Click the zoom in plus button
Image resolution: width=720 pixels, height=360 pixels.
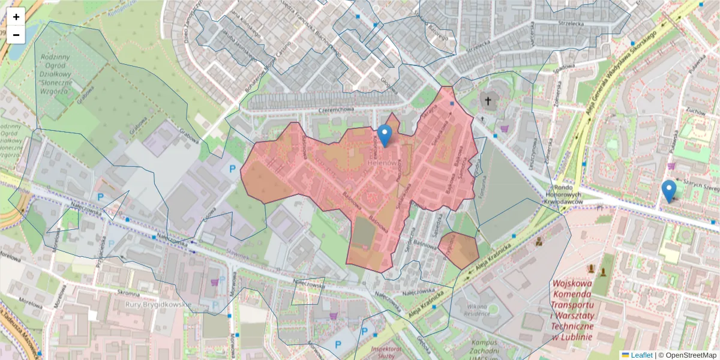tap(16, 17)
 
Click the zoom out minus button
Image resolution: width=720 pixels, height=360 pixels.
tap(16, 35)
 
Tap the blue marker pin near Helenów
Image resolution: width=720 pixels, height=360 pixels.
tap(385, 136)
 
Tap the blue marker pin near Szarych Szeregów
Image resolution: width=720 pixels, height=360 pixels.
tap(668, 191)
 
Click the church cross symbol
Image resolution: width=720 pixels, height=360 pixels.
tap(488, 101)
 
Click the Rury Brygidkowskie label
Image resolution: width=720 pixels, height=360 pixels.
tap(158, 304)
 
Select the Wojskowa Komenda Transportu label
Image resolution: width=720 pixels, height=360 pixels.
tap(572, 308)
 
